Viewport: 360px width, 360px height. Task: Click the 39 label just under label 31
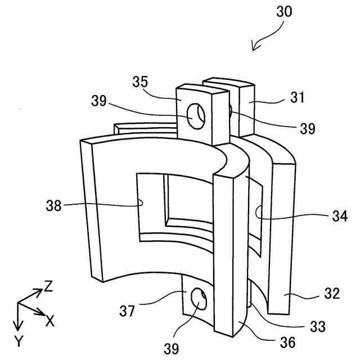tap(307, 128)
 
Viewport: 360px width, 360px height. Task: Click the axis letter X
tap(49, 321)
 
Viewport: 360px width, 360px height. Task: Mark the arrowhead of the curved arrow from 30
tap(254, 48)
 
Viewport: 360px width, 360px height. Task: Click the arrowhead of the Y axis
tap(17, 327)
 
